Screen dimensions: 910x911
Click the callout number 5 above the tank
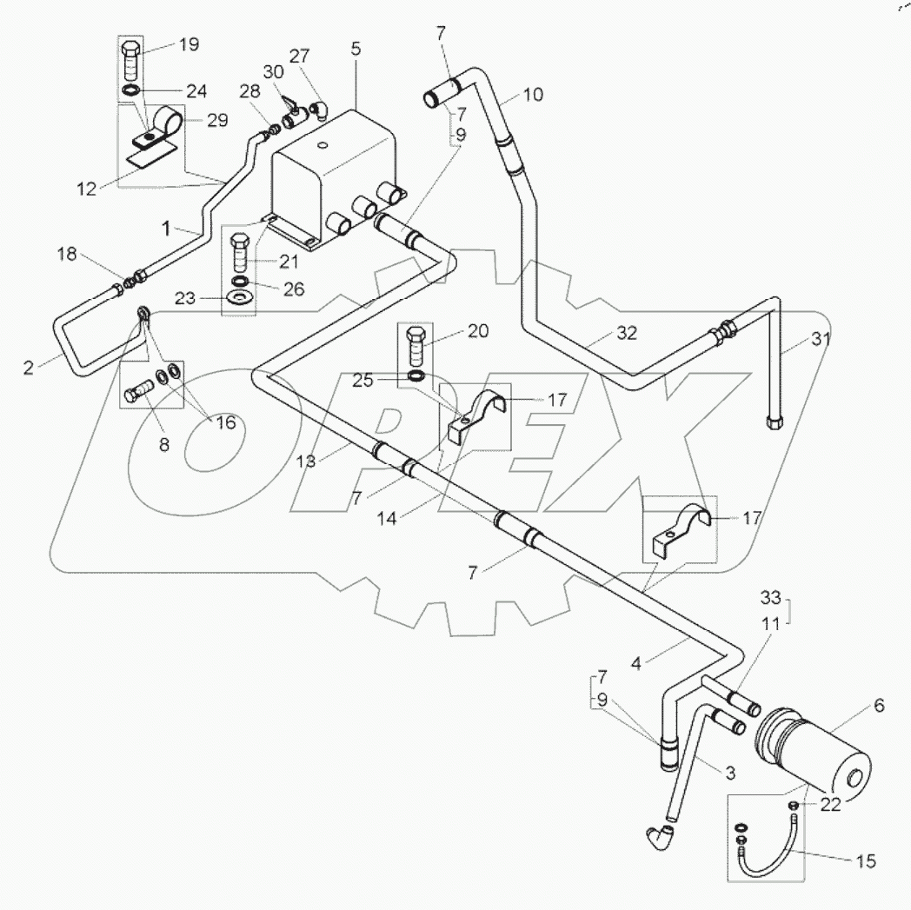(x=356, y=50)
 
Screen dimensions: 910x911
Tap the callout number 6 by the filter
(x=879, y=707)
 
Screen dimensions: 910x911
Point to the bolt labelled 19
(x=131, y=60)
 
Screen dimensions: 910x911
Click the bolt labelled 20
(x=416, y=345)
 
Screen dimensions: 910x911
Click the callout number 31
(x=821, y=341)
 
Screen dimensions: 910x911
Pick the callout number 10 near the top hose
(x=533, y=94)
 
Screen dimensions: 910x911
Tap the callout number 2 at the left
(x=29, y=368)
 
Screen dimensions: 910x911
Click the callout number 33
(x=771, y=597)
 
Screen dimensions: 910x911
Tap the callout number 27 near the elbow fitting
(x=299, y=56)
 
